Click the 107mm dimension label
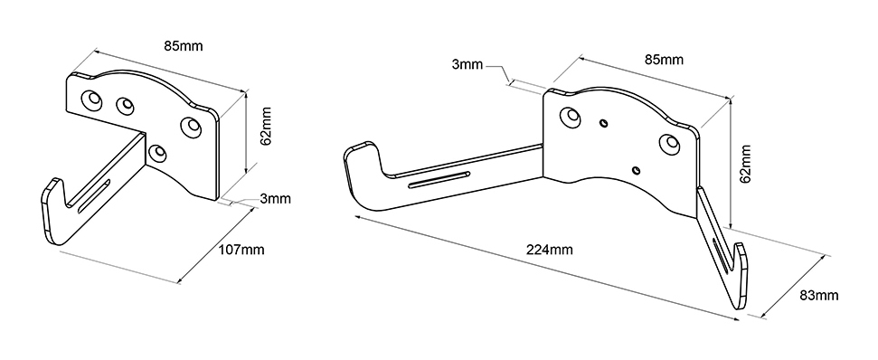tap(241, 250)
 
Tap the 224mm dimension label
tap(549, 250)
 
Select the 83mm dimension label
tap(818, 295)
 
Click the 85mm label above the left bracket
tap(183, 46)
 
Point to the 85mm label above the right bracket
tap(664, 60)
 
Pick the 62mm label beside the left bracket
tap(266, 126)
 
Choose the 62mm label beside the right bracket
tap(744, 164)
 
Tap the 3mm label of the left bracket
tap(275, 198)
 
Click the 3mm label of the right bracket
tap(467, 64)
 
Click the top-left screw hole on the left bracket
tap(91, 99)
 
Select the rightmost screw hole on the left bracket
tap(192, 127)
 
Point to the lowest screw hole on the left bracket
tap(158, 152)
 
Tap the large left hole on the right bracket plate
tap(571, 116)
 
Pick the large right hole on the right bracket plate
tap(669, 143)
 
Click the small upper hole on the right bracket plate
tap(604, 123)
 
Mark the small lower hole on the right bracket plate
tap(636, 170)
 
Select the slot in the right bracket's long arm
tap(439, 180)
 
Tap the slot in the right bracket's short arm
tap(722, 255)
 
